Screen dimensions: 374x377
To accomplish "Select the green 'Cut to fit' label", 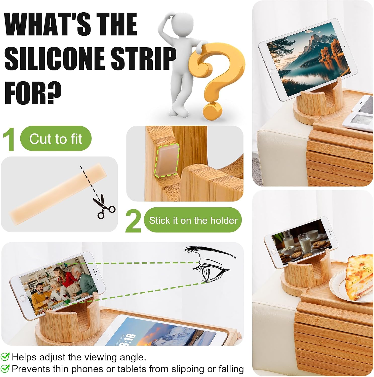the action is (56, 138).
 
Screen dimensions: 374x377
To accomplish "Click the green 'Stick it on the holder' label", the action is (193, 220).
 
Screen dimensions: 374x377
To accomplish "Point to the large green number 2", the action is (133, 221).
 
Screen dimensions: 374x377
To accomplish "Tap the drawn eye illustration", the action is (210, 264).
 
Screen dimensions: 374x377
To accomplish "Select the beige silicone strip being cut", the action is (58, 194).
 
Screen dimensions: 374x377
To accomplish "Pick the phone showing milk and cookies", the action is (301, 243).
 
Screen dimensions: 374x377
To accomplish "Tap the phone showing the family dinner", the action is (57, 286).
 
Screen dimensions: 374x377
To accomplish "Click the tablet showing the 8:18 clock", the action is (161, 331).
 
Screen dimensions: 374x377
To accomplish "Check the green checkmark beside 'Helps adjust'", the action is (5, 357).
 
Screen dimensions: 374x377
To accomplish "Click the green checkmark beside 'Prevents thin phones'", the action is (5, 369).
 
